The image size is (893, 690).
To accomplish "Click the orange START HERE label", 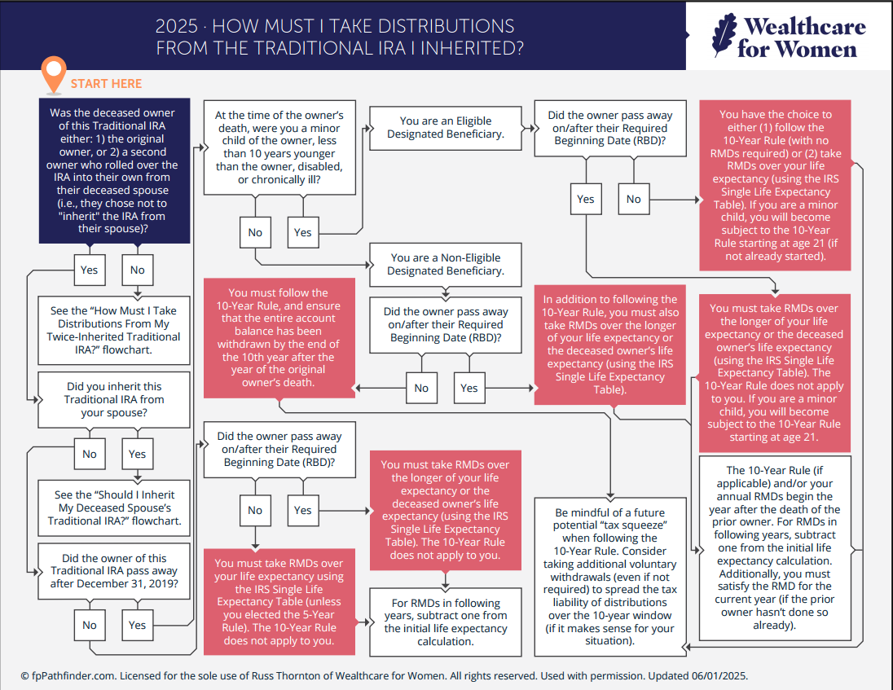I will (106, 84).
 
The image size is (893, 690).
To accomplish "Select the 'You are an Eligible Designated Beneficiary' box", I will (445, 128).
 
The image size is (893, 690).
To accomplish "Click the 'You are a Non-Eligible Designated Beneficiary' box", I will (445, 264).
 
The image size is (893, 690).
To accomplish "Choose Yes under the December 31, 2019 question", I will (138, 625).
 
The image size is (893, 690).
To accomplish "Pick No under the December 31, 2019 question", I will (90, 625).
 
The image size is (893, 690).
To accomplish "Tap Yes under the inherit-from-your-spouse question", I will (138, 454).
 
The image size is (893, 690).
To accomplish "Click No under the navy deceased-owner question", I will (138, 270).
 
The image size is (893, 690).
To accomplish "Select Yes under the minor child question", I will (303, 232).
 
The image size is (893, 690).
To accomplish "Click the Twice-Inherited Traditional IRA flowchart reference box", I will (114, 330).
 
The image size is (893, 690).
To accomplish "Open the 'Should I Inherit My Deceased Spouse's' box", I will (114, 508).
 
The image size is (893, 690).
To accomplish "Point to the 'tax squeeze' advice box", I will (610, 576).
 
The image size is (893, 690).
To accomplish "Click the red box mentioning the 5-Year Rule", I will (279, 602).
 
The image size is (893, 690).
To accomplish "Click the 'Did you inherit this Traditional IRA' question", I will (114, 400).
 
